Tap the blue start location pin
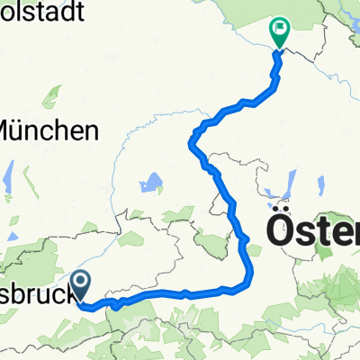[81, 286]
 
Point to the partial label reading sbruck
[36, 295]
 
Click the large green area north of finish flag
[297, 13]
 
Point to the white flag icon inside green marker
[281, 30]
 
